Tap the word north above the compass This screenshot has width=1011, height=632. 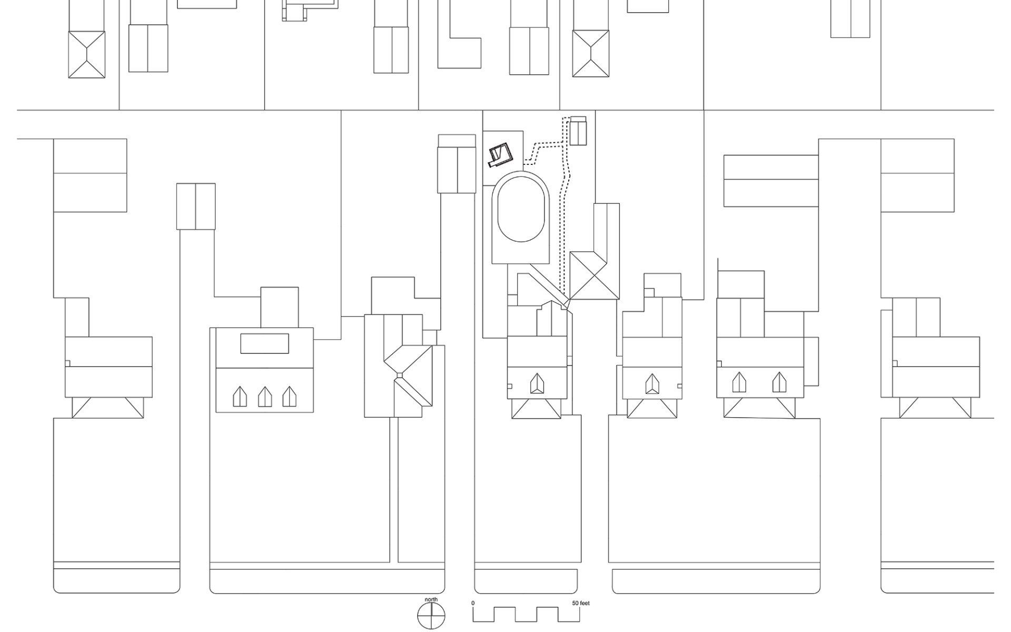click(x=431, y=599)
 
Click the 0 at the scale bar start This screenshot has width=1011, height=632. click(x=473, y=603)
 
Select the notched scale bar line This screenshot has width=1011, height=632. click(x=527, y=614)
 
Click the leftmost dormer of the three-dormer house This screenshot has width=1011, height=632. click(x=241, y=397)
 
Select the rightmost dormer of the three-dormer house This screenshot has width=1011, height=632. click(x=289, y=397)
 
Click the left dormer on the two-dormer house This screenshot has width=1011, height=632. click(x=739, y=382)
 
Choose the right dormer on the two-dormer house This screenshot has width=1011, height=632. click(x=779, y=382)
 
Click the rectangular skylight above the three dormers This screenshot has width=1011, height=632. click(x=265, y=343)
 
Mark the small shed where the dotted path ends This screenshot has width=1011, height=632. click(x=578, y=131)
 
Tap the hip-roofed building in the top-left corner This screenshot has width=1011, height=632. click(x=87, y=54)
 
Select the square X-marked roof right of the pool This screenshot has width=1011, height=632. click(x=593, y=275)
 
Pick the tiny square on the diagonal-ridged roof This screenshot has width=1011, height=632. click(x=400, y=375)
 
